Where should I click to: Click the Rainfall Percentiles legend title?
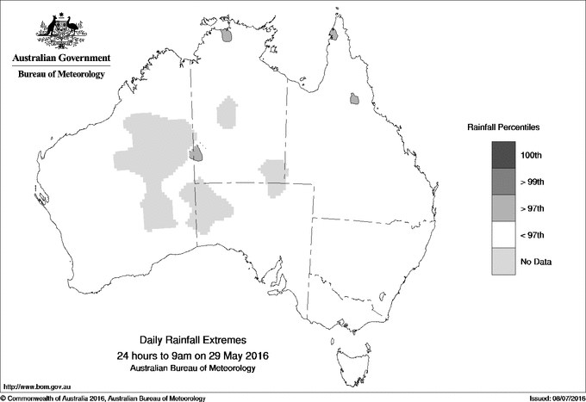click(503, 127)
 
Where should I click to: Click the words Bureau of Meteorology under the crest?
click(61, 75)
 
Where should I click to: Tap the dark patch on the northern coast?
click(227, 36)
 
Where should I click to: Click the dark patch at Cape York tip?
click(333, 35)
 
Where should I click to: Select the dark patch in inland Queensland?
click(354, 100)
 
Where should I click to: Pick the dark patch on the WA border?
click(196, 154)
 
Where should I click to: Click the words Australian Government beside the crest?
click(61, 59)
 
